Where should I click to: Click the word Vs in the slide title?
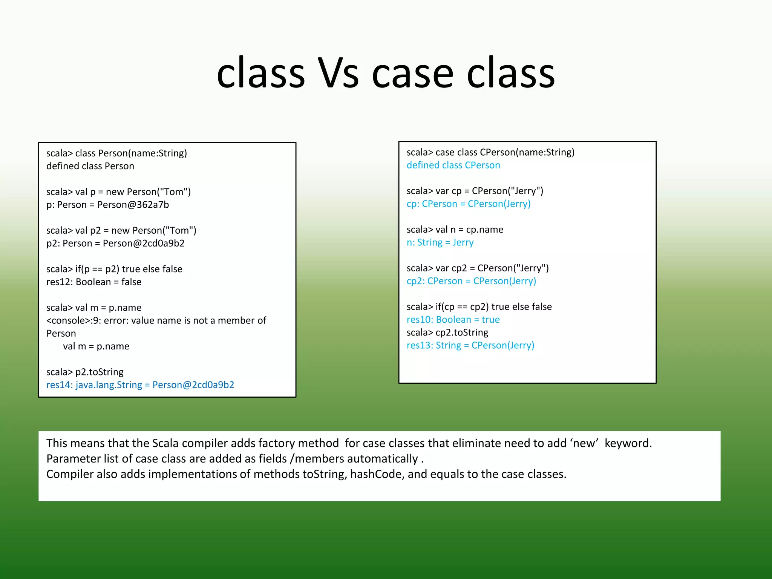[338, 74]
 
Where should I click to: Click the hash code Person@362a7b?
[133, 205]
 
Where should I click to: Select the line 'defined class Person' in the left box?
[90, 166]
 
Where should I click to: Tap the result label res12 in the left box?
[59, 282]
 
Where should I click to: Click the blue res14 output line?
[140, 385]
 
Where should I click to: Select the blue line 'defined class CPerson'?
[453, 165]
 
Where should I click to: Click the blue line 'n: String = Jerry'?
[440, 242]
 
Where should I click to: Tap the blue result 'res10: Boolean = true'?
[453, 320]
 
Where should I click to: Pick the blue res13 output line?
[470, 345]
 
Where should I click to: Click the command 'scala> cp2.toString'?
[447, 332]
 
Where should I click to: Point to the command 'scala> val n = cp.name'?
[455, 230]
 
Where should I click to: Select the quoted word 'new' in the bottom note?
[584, 443]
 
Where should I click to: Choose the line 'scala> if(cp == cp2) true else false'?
[479, 307]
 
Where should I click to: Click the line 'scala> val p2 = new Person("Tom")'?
[121, 230]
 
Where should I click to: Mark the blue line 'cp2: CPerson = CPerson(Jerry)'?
[471, 281]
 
